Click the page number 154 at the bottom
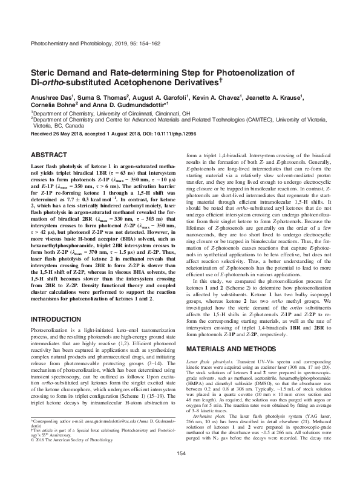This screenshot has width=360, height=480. point(180,470)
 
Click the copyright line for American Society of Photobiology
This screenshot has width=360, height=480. point(69,452)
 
